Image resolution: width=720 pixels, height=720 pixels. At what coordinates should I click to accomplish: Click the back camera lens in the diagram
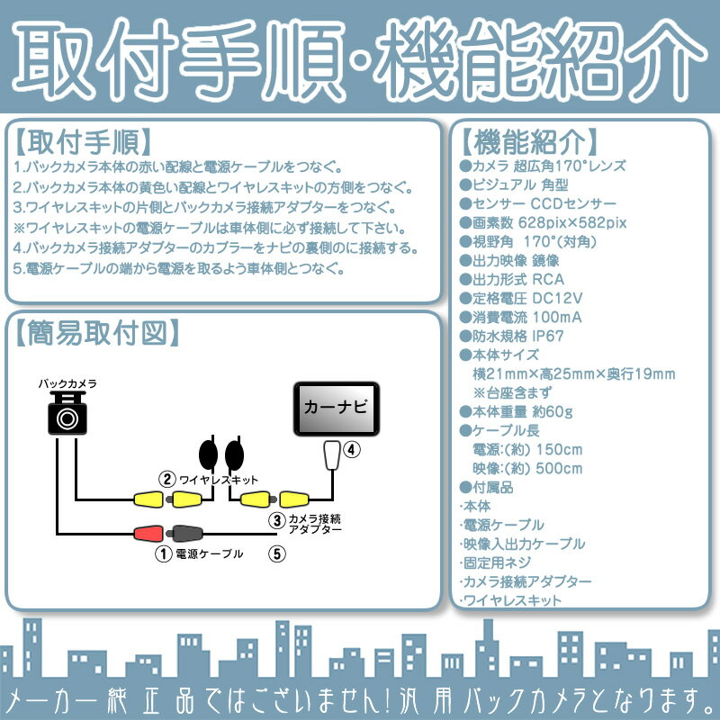point(67,418)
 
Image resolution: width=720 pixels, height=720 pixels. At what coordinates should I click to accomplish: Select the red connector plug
point(148,533)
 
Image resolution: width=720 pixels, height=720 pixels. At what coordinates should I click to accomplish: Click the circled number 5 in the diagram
point(275,554)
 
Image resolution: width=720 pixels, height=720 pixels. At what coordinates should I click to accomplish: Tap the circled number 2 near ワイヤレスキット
point(166,479)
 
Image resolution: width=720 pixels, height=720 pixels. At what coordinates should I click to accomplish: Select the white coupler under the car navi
point(331,455)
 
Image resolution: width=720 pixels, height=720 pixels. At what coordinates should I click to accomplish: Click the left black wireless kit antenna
point(208,451)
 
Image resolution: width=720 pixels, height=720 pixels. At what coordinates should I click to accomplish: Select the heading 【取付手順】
point(83,141)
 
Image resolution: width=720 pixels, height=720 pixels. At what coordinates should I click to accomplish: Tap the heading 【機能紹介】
point(528,141)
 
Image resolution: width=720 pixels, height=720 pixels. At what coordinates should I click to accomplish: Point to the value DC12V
point(559,298)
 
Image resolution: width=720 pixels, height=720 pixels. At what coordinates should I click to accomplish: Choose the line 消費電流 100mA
point(520,317)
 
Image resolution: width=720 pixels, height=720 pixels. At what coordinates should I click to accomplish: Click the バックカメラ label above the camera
point(67,383)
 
